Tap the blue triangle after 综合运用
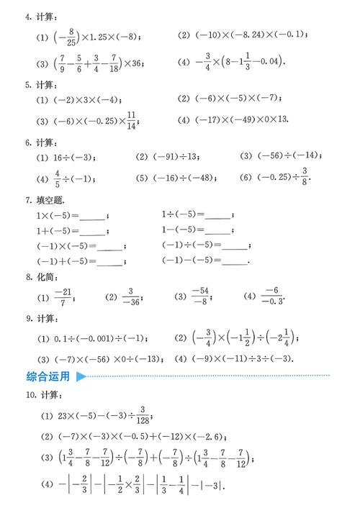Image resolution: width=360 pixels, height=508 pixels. [81, 376]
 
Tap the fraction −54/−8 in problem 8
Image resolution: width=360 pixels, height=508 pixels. [200, 296]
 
